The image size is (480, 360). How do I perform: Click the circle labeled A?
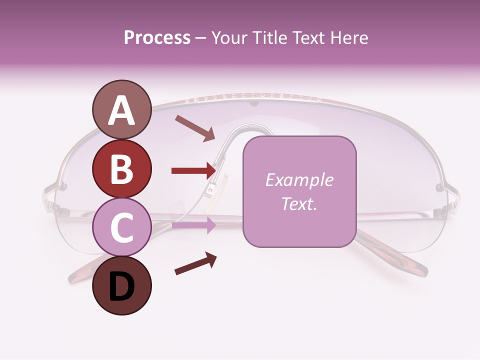coord(121,109)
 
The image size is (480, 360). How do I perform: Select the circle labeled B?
coord(121,168)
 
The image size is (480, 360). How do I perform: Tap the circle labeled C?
coord(121,227)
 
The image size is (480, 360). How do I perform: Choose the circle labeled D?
coord(121,285)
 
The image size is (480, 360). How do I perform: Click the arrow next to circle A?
coord(195,128)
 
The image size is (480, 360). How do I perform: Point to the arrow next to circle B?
coord(193,171)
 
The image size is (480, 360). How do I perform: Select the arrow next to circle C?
coord(194,225)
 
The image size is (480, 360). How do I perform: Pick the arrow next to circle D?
coord(195,263)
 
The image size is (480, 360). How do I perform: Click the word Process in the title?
coord(157,38)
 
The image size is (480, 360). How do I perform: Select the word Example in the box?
coord(299,180)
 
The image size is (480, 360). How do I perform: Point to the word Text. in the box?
coord(299,203)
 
